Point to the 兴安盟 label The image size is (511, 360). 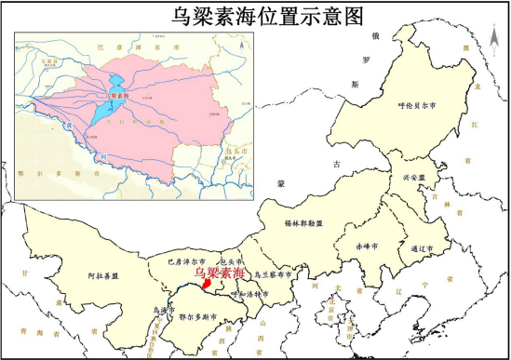pyautogui.click(x=412, y=177)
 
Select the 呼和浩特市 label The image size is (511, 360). pyautogui.click(x=249, y=294)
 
